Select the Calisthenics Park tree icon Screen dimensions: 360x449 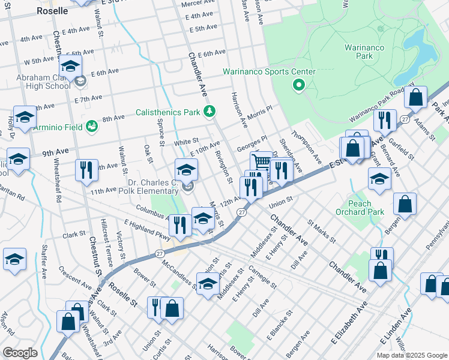coord(209,111)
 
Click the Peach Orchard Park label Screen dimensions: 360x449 coord(366,208)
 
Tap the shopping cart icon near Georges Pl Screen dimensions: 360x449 coord(261,161)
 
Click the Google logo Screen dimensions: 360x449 coord(20,353)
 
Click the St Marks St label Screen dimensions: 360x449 coord(322,231)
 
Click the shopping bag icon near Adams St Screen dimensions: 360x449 coord(415,97)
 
